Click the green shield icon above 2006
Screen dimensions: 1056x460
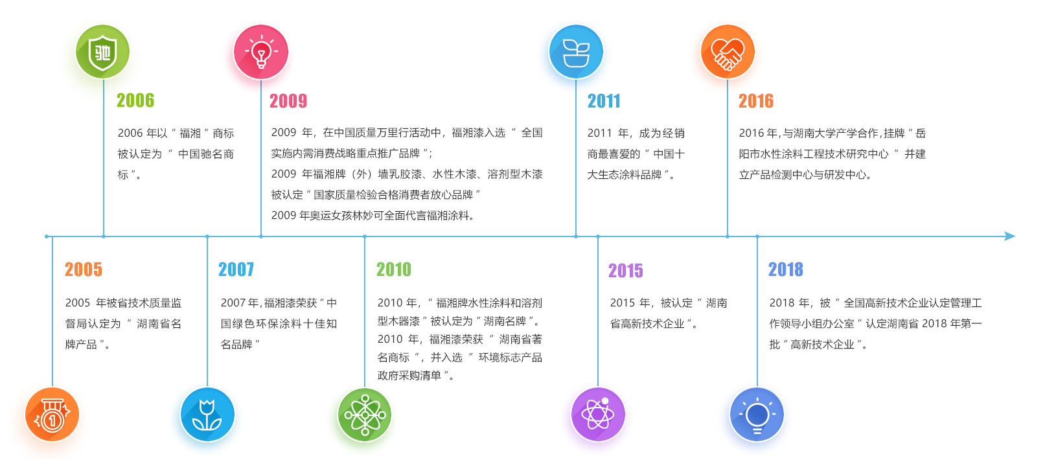(x=103, y=52)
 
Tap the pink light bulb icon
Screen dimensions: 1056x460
(x=260, y=52)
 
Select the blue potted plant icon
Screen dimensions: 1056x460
(x=575, y=52)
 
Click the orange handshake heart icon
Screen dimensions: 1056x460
(x=728, y=52)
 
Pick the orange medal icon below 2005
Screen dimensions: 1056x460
(x=52, y=415)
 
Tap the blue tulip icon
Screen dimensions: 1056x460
(x=207, y=415)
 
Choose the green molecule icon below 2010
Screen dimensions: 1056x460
(x=364, y=415)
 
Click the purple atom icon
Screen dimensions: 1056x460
(x=598, y=415)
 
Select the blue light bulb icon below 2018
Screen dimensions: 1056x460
(x=757, y=415)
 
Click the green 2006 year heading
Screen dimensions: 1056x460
(x=135, y=100)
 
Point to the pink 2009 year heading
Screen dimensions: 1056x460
(x=288, y=101)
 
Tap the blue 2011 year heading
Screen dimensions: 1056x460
(x=604, y=101)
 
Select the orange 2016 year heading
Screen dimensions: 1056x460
(x=755, y=101)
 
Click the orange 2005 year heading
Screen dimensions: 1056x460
(x=84, y=270)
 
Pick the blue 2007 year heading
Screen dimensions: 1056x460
(x=236, y=270)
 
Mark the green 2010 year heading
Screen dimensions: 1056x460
(x=394, y=270)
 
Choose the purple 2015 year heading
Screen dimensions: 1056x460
(x=626, y=271)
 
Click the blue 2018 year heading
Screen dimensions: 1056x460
(x=785, y=270)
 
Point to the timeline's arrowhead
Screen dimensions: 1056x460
(x=1010, y=236)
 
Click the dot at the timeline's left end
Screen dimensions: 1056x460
(x=47, y=236)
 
